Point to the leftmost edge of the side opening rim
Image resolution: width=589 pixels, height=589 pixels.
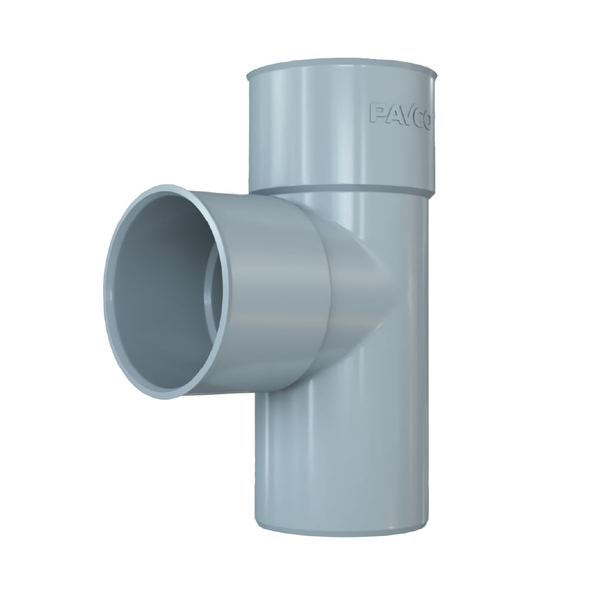click(106, 292)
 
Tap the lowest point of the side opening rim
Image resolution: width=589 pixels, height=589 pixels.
click(162, 395)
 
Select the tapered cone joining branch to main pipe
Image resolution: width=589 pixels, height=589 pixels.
click(353, 289)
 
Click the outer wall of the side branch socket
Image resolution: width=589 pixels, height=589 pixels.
click(271, 294)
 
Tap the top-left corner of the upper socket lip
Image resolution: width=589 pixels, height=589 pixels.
click(247, 74)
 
